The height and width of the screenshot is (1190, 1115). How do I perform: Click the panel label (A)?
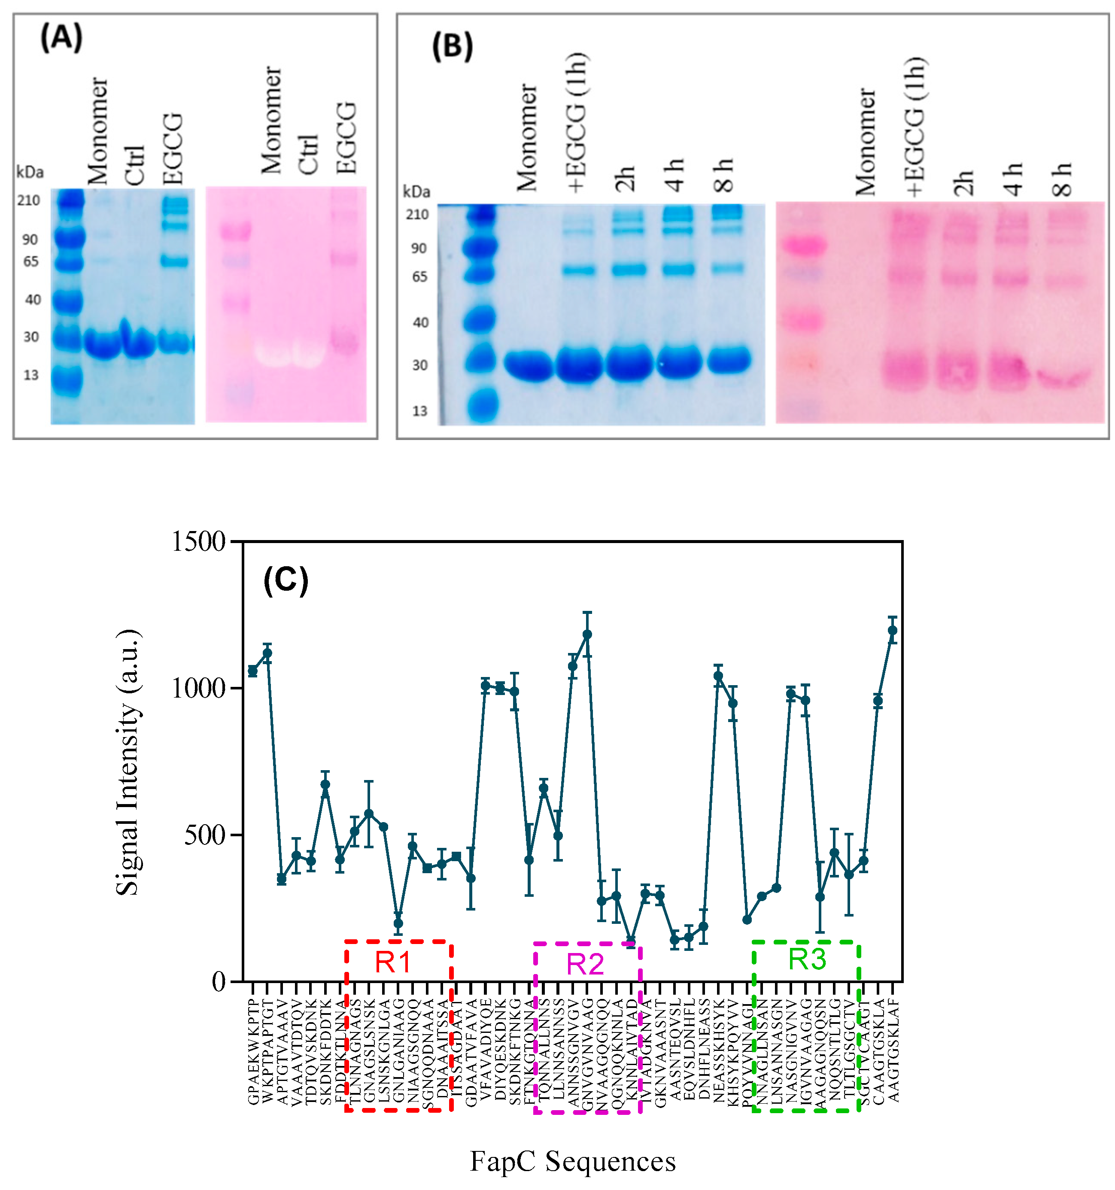click(x=61, y=38)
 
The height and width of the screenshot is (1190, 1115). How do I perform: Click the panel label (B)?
click(x=452, y=47)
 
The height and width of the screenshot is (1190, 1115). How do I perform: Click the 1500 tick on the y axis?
click(x=198, y=542)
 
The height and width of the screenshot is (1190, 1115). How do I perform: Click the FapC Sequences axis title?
click(x=572, y=1162)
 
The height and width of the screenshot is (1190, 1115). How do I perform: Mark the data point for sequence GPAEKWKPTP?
click(x=253, y=671)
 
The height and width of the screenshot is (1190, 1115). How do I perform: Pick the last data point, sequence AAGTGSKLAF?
click(x=892, y=630)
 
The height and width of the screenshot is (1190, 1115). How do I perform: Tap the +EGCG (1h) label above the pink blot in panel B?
click(x=915, y=127)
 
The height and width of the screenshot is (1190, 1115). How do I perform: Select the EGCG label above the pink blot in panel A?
click(x=346, y=138)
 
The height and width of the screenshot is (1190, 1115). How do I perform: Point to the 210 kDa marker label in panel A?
click(x=28, y=200)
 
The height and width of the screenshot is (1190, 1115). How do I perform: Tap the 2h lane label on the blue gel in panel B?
click(x=625, y=179)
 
